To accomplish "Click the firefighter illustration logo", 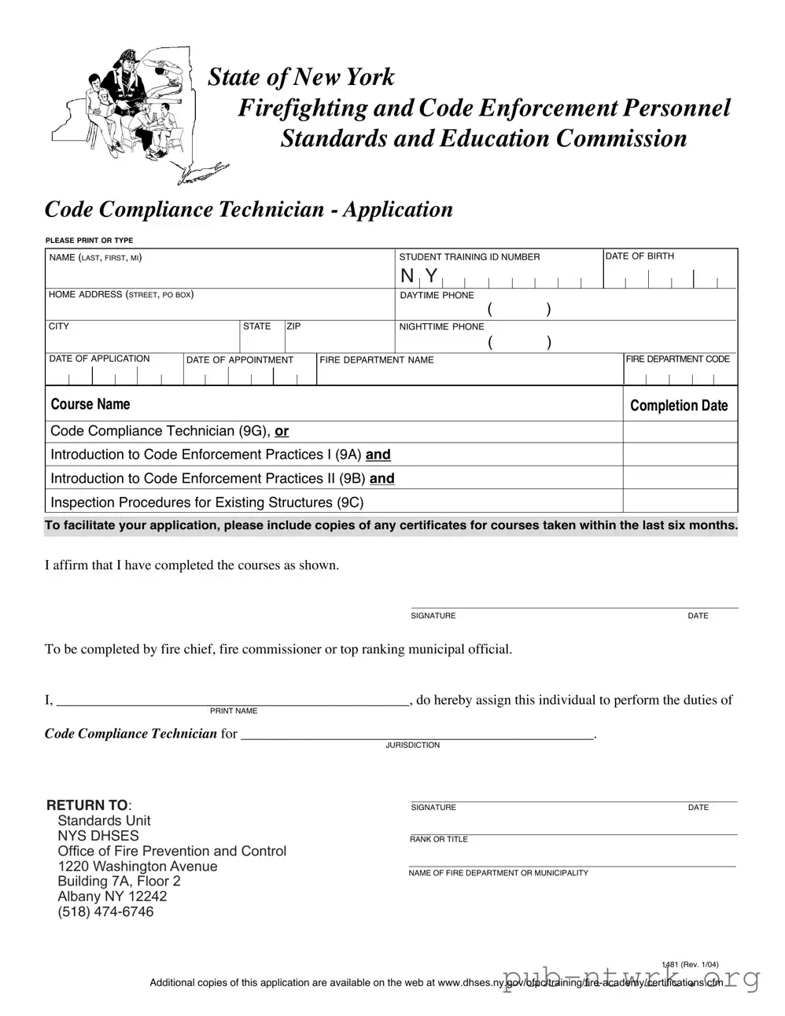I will coord(138,113).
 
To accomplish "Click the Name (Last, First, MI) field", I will coord(220,274).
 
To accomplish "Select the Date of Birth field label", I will coord(639,256).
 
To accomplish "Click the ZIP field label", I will coord(293,326).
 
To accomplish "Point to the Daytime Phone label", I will coord(437,296).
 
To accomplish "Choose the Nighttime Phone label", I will coord(441,327).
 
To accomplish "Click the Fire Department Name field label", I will coord(376,360).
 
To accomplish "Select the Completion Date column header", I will coord(679,406).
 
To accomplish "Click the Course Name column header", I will coord(90,405).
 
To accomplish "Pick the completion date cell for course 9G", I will coord(680,432).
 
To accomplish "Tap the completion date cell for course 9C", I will coord(680,502).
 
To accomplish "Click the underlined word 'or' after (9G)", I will coord(282,432).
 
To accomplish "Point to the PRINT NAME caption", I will coord(234,711).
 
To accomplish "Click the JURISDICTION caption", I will coord(412,745).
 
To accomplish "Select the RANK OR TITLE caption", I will coord(438,840).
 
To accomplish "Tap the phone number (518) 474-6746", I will coord(105,912).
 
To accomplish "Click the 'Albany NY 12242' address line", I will coord(112,896).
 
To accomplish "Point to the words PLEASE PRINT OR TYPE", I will coord(89,241).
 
